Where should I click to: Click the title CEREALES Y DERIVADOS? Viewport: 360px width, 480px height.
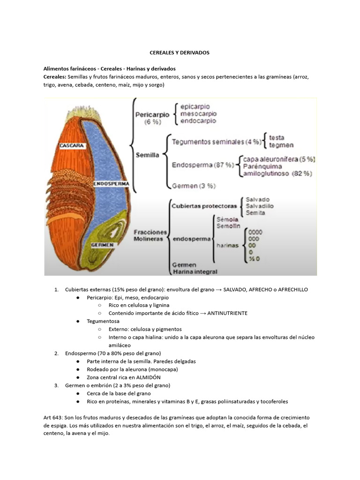point(180,52)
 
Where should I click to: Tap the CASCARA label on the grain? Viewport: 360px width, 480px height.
point(72,146)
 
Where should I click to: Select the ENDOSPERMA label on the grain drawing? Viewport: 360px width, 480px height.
point(111,184)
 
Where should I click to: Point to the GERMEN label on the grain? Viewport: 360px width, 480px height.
point(102,245)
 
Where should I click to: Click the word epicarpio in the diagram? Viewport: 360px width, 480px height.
point(195,106)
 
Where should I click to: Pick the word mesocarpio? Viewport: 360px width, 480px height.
point(198,113)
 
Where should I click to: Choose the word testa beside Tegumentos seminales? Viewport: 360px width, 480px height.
point(277,138)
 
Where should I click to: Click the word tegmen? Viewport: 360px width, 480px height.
point(281,145)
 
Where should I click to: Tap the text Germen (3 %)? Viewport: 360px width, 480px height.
point(194,186)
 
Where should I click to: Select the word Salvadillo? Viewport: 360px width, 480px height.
point(260,206)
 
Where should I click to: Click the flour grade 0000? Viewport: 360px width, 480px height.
point(255,232)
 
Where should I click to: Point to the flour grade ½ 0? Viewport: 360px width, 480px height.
point(254,259)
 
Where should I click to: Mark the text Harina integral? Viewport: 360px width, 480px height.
point(195,271)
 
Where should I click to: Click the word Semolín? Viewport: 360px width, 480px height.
point(228,226)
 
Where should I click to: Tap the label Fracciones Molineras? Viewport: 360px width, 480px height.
point(150,235)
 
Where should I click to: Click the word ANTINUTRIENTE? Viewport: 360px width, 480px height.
point(227,313)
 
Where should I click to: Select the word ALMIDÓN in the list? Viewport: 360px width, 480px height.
point(148,377)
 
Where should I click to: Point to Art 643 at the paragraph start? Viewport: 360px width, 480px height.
point(53,418)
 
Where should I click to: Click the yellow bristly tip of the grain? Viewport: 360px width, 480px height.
point(83,112)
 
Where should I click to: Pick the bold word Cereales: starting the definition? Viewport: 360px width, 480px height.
point(55,77)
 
